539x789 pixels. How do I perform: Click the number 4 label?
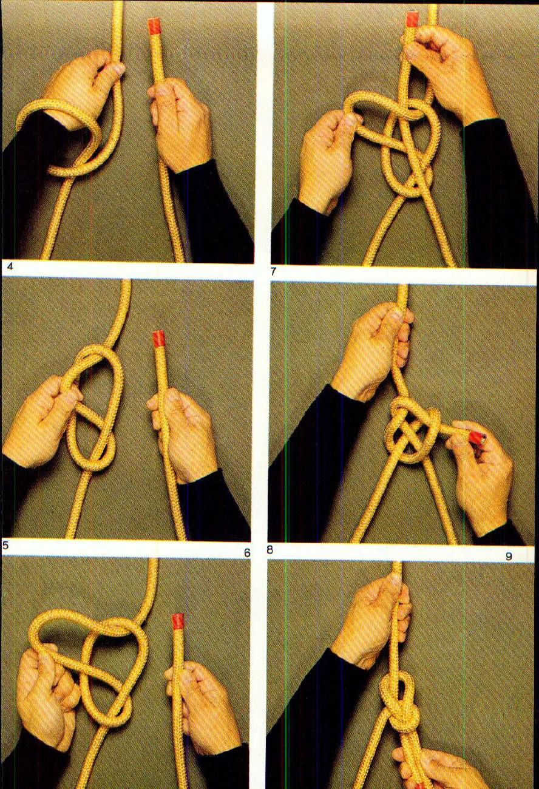pyautogui.click(x=7, y=266)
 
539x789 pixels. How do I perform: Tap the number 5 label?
pyautogui.click(x=5, y=545)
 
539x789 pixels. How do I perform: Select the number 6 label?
pyautogui.click(x=246, y=552)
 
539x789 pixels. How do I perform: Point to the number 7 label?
pyautogui.click(x=273, y=271)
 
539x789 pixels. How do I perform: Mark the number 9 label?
pyautogui.click(x=508, y=556)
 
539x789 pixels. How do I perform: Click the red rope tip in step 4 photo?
pyautogui.click(x=154, y=25)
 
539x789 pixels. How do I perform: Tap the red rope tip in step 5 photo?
pyautogui.click(x=159, y=338)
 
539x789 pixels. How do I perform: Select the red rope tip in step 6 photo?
pyautogui.click(x=177, y=621)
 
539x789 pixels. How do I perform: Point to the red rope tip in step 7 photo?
pyautogui.click(x=413, y=19)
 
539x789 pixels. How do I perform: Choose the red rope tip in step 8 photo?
pyautogui.click(x=476, y=437)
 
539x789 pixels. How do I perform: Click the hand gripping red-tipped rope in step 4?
pyautogui.click(x=176, y=124)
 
